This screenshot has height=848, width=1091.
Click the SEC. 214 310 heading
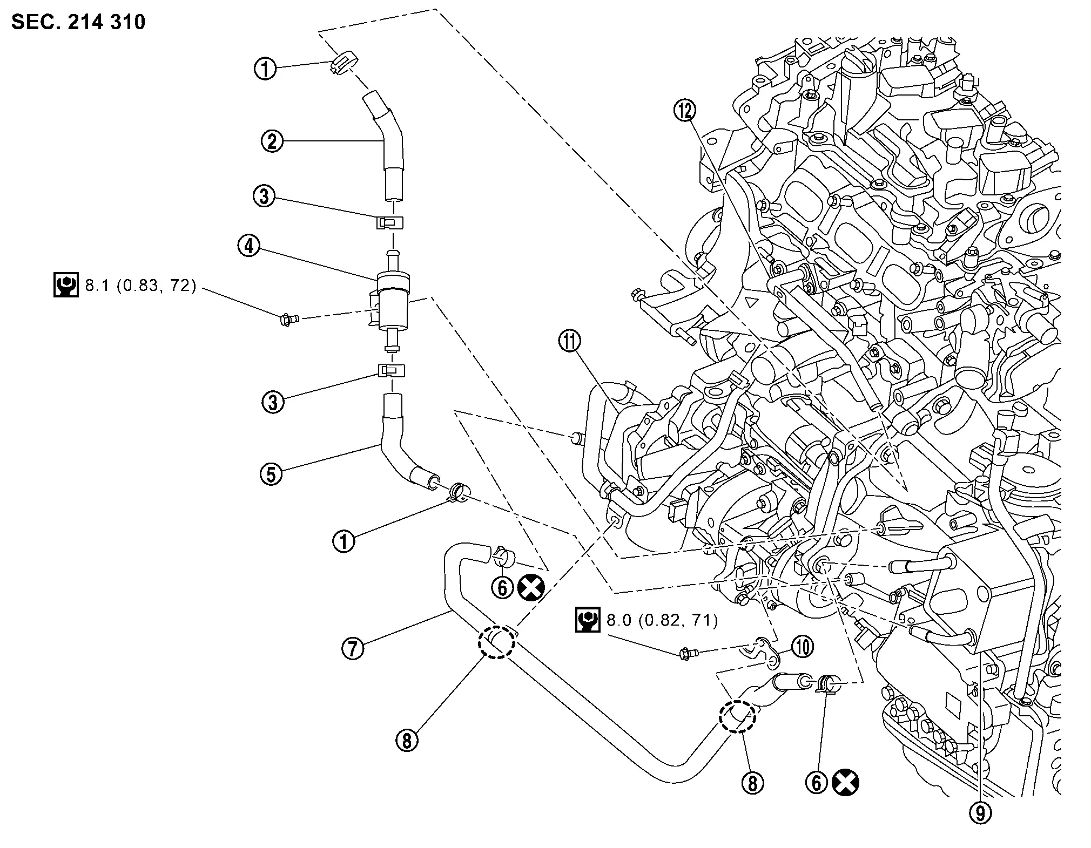pos(78,22)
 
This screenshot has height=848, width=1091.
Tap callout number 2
pos(272,141)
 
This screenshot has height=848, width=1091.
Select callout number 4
pos(248,247)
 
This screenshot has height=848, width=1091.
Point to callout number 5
pos(271,474)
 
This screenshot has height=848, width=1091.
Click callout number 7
pos(353,647)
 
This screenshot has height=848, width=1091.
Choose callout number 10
pos(803,647)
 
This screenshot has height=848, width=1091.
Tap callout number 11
pos(570,341)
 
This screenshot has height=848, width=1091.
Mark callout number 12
pos(685,111)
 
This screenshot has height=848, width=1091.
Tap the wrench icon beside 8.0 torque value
pos(588,620)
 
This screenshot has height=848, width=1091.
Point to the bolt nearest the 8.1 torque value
pos(290,320)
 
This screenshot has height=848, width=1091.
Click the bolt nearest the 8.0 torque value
pos(687,654)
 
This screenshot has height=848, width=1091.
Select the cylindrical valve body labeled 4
pos(393,305)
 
